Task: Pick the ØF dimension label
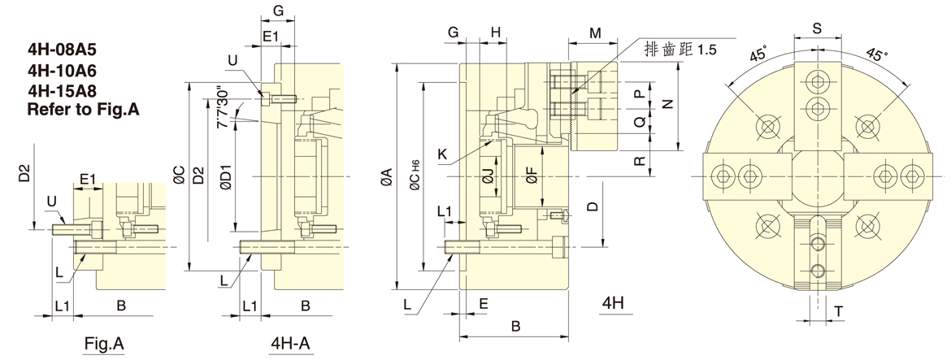pyautogui.click(x=532, y=176)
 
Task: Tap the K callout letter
pyautogui.click(x=441, y=153)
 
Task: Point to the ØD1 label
pyautogui.click(x=226, y=177)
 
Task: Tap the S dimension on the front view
pyautogui.click(x=817, y=28)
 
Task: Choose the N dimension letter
pyautogui.click(x=668, y=104)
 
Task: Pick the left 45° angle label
pyautogui.click(x=757, y=55)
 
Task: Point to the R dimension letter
pyautogui.click(x=640, y=160)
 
